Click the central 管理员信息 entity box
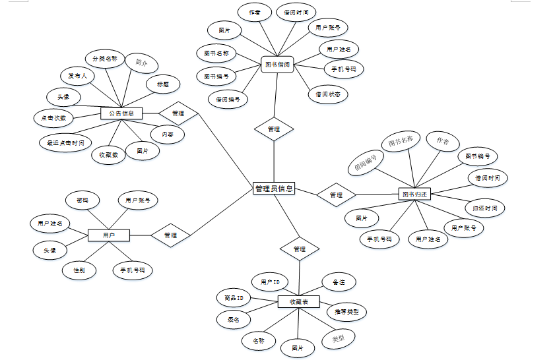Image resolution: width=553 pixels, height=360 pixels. [274, 189]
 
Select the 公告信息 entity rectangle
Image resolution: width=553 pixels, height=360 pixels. [121, 113]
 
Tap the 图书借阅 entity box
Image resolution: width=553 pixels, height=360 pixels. [277, 65]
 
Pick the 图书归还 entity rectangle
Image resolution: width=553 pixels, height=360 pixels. [415, 195]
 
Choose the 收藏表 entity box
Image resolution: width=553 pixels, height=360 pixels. [299, 302]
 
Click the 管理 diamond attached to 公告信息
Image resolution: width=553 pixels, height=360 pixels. [178, 113]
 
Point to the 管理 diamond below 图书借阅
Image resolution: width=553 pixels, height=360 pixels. [274, 129]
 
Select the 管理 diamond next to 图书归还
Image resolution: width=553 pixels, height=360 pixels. [336, 195]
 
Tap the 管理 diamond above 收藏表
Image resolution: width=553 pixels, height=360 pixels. [299, 249]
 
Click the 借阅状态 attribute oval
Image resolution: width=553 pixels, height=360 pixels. [327, 94]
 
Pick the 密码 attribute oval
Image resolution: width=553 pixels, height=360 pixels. [82, 200]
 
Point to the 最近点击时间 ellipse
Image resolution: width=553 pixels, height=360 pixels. [65, 142]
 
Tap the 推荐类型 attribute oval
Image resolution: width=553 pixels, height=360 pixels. [346, 311]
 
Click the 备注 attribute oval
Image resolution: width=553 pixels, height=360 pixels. [339, 282]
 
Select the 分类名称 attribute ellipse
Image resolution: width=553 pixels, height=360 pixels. [104, 59]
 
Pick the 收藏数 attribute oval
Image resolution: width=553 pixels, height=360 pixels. [108, 156]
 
